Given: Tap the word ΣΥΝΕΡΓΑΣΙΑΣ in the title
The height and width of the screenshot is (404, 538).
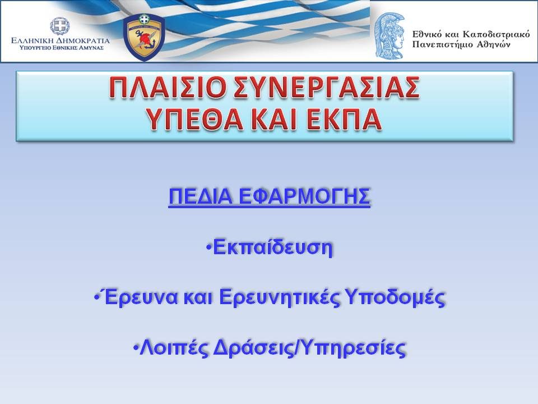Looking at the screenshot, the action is click(x=326, y=88).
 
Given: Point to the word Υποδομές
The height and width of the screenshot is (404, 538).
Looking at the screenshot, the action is click(x=395, y=297).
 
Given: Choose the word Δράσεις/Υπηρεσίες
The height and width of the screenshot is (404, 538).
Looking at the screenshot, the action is click(x=309, y=348).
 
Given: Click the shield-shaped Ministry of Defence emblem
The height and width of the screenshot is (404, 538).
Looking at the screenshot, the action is click(x=144, y=37).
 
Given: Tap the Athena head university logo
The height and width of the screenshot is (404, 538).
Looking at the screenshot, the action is click(x=389, y=35).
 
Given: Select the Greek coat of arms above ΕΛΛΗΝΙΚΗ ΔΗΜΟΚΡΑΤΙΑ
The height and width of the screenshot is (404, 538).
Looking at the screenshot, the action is click(x=60, y=26).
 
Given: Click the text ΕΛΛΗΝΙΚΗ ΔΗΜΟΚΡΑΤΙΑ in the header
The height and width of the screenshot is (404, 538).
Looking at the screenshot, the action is click(x=61, y=40).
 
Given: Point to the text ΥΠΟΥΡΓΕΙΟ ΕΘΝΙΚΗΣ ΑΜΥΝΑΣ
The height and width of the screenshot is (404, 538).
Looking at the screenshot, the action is click(x=62, y=48).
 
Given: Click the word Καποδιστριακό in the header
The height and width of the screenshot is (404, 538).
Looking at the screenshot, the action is click(x=496, y=34).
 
